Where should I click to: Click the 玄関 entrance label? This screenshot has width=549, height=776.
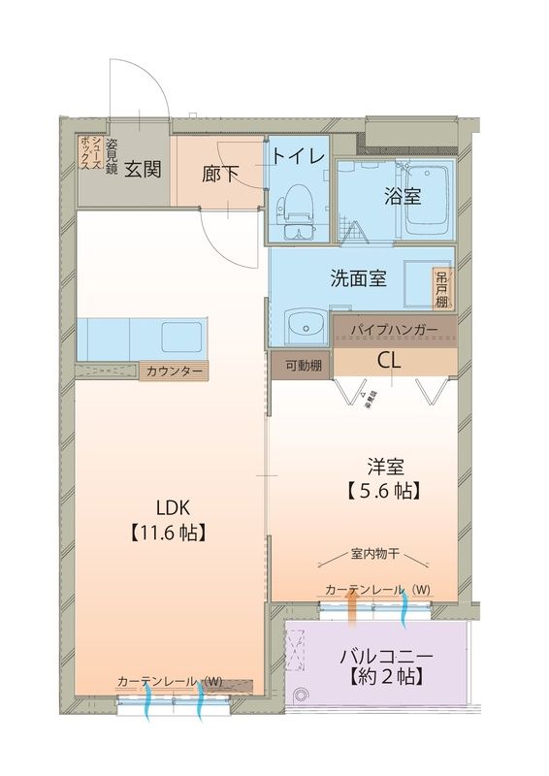tap(141, 168)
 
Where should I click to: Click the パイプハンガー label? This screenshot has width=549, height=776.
tap(393, 330)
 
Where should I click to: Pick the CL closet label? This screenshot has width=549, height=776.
tap(391, 360)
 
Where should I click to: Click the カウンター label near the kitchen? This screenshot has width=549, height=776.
tap(176, 372)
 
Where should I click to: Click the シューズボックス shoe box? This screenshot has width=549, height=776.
tap(88, 154)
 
